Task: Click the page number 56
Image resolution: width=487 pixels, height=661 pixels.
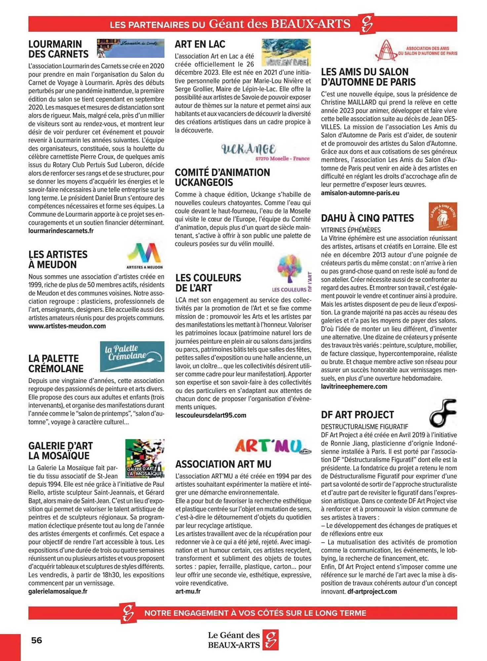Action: point(37,640)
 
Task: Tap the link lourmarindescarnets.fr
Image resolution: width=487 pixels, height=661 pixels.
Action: point(61,231)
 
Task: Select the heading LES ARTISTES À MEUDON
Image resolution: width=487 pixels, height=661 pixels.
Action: point(58,259)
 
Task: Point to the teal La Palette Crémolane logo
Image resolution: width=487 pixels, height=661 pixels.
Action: point(132,356)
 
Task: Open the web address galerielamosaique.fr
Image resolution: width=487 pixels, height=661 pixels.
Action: point(58,591)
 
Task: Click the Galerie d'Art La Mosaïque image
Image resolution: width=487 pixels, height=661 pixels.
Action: point(145,458)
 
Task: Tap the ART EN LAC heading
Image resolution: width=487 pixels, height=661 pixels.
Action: point(200,44)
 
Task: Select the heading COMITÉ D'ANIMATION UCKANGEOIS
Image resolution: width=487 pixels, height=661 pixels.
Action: point(222,177)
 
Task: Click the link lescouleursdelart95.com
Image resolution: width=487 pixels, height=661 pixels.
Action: point(211,415)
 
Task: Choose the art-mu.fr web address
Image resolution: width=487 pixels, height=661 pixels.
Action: point(188,591)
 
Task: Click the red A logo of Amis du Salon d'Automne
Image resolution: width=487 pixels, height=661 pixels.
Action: point(386,51)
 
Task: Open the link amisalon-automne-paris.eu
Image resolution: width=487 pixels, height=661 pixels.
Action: point(360,193)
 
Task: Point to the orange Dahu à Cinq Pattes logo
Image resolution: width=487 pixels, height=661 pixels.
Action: point(443,216)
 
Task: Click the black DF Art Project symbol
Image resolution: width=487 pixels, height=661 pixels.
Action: point(443,413)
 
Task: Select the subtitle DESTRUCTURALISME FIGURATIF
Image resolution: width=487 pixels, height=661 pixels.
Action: point(364,427)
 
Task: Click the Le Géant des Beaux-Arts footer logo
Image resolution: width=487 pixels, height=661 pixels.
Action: point(243,640)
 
